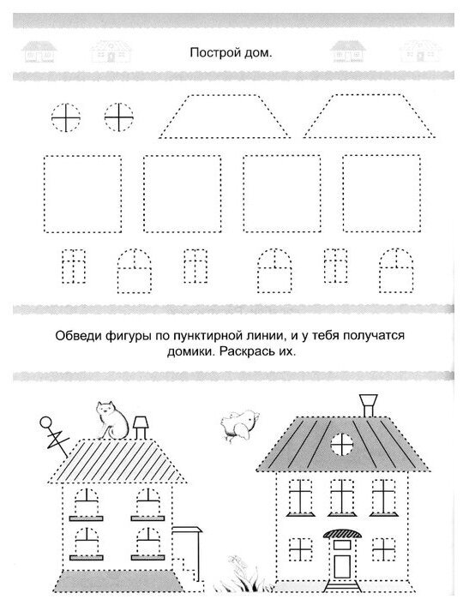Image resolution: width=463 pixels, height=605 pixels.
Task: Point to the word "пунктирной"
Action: [x=207, y=336]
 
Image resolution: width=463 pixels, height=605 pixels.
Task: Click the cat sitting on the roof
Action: [x=112, y=420]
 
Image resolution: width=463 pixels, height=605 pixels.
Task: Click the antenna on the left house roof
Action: [x=54, y=436]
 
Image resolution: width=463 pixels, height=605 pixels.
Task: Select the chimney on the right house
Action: [x=369, y=405]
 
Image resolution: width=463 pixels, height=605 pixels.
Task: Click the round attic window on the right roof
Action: [x=342, y=444]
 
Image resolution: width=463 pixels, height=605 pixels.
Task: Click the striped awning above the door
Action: [x=342, y=534]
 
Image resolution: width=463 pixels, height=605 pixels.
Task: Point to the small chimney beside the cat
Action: [x=140, y=428]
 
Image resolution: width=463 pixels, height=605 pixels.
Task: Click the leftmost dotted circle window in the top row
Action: [x=66, y=117]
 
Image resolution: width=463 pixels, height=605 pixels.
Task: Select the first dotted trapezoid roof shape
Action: [x=224, y=116]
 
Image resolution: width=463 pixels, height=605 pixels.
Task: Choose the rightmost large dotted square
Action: [x=382, y=194]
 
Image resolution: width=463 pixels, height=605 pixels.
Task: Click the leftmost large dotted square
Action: [x=82, y=194]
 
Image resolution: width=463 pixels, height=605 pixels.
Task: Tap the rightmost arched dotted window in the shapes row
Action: [x=396, y=271]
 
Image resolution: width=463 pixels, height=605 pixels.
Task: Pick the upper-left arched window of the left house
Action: [x=86, y=501]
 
